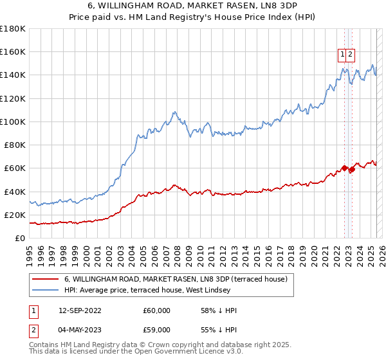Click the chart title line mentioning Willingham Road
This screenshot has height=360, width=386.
click(x=192, y=6)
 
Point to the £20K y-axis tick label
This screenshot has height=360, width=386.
click(x=15, y=215)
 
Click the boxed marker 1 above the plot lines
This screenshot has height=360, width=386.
click(x=342, y=55)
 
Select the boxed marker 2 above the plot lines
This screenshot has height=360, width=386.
click(x=350, y=55)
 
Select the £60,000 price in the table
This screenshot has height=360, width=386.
click(x=157, y=311)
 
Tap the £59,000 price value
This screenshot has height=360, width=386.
click(x=157, y=332)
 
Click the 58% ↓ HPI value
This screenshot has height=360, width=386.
click(x=219, y=311)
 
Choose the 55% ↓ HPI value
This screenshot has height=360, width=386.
click(x=219, y=332)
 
